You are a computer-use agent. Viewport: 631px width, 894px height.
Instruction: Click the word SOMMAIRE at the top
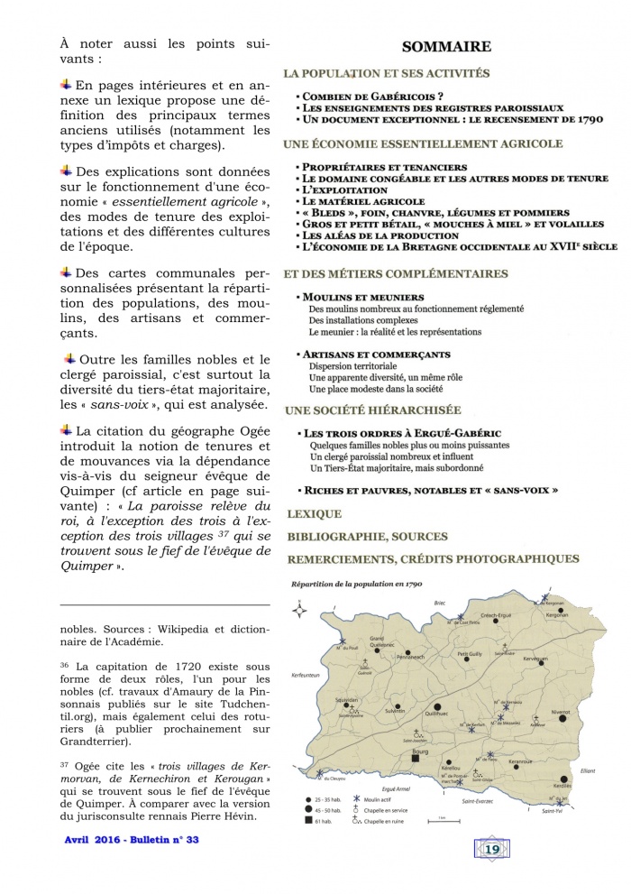[x=446, y=46]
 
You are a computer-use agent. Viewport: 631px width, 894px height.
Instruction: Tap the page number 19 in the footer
[x=491, y=874]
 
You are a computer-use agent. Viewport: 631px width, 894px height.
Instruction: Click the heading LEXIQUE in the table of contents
[x=314, y=514]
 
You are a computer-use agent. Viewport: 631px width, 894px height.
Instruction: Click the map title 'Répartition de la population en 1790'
[x=352, y=585]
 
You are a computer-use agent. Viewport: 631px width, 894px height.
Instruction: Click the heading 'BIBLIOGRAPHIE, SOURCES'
[x=366, y=537]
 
